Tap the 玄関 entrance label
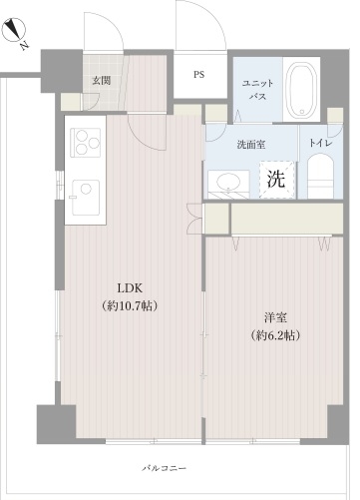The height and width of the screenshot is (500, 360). click(x=102, y=81)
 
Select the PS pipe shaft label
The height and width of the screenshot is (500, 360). click(x=199, y=75)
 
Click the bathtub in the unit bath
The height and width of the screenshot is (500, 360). click(x=301, y=90)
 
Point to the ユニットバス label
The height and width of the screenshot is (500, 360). click(x=257, y=90)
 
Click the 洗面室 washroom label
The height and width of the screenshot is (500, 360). click(x=251, y=145)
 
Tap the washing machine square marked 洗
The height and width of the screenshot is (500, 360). click(x=277, y=180)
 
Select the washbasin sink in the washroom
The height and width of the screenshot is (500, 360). click(x=228, y=183)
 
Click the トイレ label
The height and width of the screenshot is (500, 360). click(x=321, y=143)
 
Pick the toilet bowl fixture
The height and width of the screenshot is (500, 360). click(x=320, y=176)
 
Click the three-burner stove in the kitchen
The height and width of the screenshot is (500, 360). click(x=86, y=143)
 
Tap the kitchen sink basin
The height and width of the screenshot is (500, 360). click(x=86, y=198)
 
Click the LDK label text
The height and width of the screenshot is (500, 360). click(x=130, y=288)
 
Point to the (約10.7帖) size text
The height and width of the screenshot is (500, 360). click(x=130, y=305)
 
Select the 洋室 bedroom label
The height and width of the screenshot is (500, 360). click(x=275, y=317)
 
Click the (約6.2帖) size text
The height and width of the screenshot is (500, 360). click(x=275, y=335)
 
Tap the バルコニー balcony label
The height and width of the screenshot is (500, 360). click(x=165, y=468)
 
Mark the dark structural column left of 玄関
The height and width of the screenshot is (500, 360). click(x=61, y=71)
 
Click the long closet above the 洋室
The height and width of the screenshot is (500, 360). click(x=287, y=219)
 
